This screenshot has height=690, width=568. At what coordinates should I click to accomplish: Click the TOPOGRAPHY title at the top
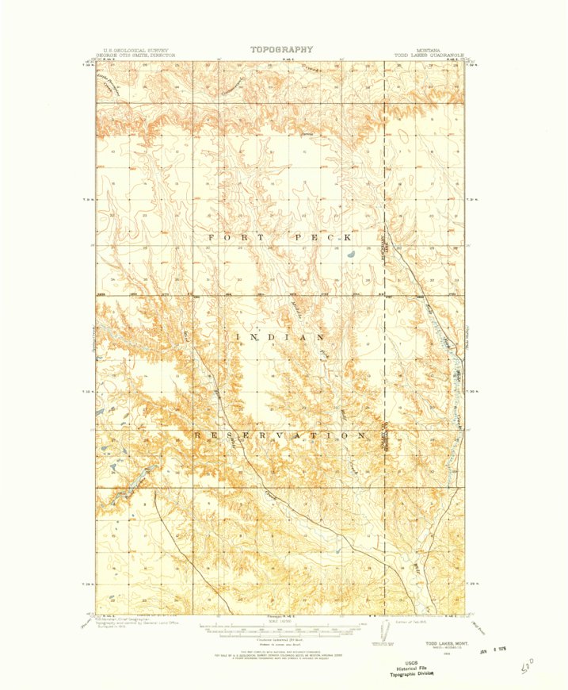point(281,49)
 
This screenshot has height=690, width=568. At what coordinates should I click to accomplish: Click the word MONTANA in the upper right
point(429,50)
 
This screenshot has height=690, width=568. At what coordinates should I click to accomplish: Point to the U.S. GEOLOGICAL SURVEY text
point(132,50)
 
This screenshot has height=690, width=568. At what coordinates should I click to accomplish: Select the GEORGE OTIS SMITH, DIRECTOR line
point(135,56)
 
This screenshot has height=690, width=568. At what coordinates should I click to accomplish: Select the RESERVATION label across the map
point(280,435)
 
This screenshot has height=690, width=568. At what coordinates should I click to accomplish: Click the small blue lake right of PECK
point(349,255)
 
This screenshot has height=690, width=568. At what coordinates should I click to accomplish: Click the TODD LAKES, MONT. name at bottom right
point(444,642)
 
